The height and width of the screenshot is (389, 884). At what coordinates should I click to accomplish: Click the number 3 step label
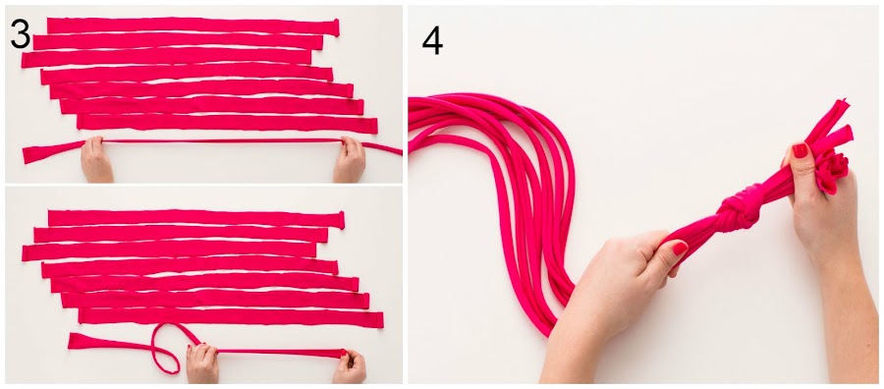(21, 35)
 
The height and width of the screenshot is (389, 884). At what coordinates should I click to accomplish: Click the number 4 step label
(432, 41)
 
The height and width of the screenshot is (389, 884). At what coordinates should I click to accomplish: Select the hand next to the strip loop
(202, 363)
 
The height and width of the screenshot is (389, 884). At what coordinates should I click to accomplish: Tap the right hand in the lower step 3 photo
(350, 366)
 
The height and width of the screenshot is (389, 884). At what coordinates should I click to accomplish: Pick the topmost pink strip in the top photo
(193, 26)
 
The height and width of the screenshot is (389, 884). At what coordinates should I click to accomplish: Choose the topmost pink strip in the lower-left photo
(195, 219)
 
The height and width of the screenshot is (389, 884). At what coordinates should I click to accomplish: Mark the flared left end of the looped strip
(84, 341)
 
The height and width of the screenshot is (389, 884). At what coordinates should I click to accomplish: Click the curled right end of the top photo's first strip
(336, 28)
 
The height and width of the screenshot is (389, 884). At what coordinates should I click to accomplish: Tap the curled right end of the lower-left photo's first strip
(341, 220)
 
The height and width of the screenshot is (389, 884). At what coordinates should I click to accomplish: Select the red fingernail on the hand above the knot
(800, 150)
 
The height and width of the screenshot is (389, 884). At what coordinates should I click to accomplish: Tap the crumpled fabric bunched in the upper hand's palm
(832, 172)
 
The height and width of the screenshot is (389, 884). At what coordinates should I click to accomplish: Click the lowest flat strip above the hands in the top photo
(227, 124)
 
